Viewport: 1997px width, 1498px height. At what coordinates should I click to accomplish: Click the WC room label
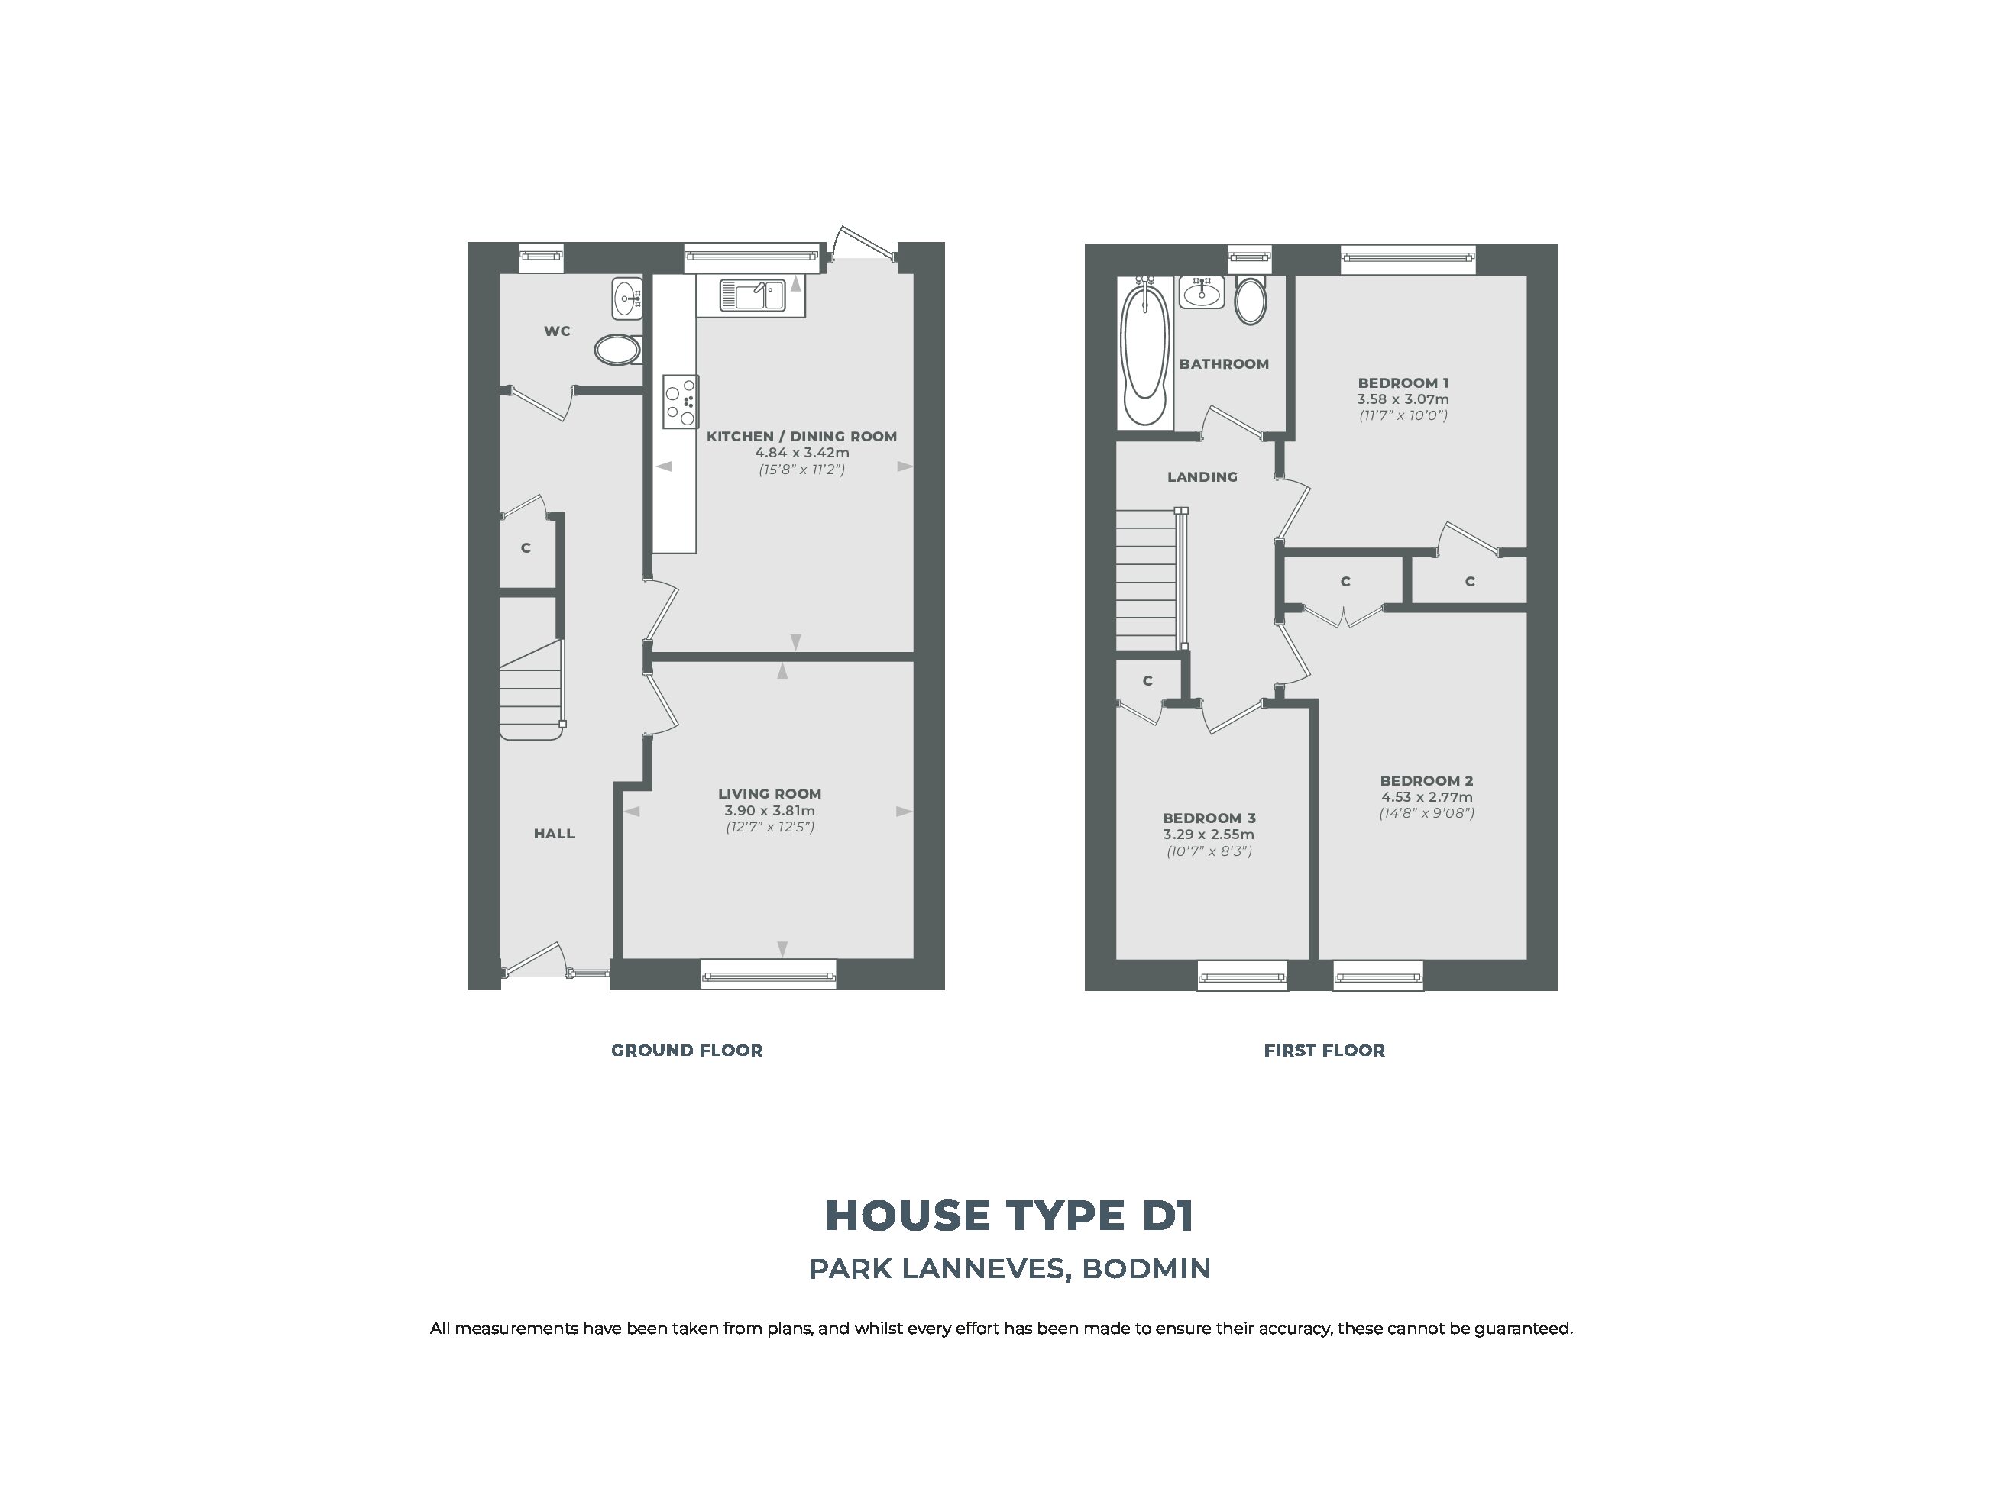(557, 331)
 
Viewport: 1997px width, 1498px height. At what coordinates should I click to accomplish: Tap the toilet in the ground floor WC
(617, 349)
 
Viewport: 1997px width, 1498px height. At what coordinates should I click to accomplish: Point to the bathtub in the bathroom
(1144, 352)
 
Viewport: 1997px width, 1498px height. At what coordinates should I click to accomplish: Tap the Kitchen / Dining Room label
(801, 437)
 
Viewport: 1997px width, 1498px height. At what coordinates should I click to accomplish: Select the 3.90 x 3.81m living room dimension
(770, 810)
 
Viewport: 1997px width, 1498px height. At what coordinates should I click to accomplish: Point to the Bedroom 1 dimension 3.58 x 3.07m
(1403, 399)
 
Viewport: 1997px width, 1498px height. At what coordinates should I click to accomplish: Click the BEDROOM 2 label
(1426, 780)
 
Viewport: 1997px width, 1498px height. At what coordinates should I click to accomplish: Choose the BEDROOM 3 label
(1209, 818)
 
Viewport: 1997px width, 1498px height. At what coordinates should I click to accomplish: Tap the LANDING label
(1202, 476)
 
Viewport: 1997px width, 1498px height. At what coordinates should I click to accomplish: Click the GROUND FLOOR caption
(687, 1051)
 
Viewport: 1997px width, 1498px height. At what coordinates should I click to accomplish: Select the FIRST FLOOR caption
(1325, 1051)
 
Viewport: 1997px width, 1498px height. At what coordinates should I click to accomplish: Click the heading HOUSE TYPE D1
(1010, 1216)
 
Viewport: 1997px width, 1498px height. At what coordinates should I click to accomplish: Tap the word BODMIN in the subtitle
(1146, 1269)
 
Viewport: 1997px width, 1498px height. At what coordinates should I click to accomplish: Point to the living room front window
(769, 974)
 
